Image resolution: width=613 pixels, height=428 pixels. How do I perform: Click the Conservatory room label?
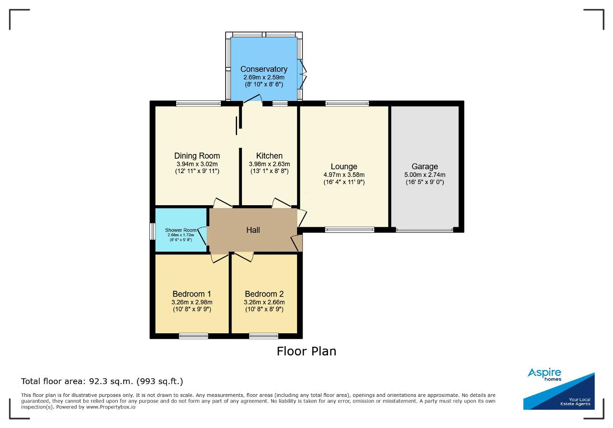tap(264, 69)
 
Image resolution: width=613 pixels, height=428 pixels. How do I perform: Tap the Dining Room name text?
tap(197, 156)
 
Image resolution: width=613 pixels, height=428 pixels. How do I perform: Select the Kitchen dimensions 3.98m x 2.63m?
tap(269, 164)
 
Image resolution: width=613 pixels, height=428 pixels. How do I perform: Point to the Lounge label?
tap(344, 166)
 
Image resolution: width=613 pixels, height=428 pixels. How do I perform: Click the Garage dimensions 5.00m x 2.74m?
tap(425, 175)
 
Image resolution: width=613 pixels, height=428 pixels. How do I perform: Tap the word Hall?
tap(253, 230)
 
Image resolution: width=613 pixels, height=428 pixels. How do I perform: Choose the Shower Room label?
tap(181, 230)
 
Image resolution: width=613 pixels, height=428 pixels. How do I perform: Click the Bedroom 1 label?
tap(192, 294)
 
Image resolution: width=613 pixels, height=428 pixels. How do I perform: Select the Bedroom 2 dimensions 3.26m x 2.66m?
tap(264, 302)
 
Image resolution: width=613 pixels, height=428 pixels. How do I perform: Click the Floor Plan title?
tap(306, 351)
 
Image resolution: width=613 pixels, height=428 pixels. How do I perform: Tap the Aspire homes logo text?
tap(545, 374)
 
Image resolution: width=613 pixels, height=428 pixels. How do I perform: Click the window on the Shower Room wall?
tap(152, 231)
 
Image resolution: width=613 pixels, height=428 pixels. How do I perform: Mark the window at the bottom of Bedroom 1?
tap(194, 336)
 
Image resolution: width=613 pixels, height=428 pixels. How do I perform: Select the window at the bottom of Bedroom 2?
tap(264, 336)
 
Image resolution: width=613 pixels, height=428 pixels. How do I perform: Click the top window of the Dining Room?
tap(198, 104)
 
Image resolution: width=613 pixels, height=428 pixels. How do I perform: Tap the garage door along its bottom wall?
tap(424, 230)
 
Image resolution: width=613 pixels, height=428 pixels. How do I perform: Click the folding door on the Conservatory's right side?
tap(302, 74)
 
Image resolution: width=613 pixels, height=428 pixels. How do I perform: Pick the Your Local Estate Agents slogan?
tap(575, 402)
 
